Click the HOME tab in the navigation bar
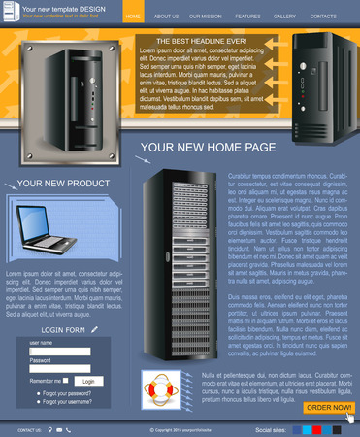coord(133,17)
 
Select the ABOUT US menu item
coord(166,17)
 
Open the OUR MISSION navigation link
coord(205,17)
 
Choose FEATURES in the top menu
coord(247,17)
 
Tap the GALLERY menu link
coord(284,17)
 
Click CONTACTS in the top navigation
coord(323,17)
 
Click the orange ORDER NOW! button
coord(328,408)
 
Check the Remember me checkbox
coord(68,382)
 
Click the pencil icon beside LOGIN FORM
coord(95,329)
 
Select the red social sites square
coord(317,427)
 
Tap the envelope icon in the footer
coord(60,427)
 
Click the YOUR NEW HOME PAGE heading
coord(208,147)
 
